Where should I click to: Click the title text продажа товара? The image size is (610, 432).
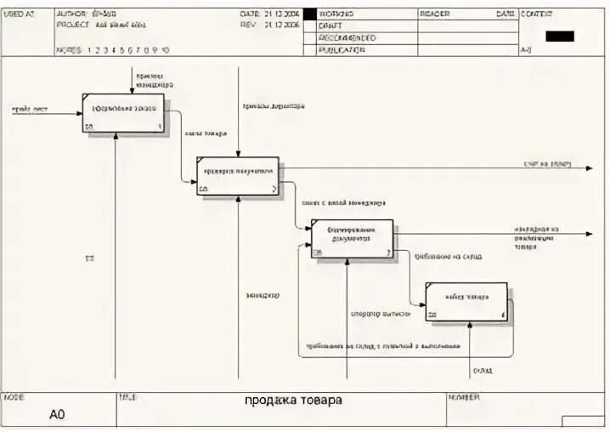pos(293,400)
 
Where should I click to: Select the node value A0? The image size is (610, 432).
pos(57,415)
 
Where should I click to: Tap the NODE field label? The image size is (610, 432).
pos(14,397)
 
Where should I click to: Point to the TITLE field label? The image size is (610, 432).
pos(127,397)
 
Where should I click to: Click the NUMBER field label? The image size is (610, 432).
pos(464,397)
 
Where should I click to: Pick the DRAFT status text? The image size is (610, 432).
pos(330,26)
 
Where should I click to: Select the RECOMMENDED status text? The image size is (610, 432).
pos(347,38)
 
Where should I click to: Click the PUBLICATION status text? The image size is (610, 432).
pos(342,50)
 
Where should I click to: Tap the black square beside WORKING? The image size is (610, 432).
pos(309,14)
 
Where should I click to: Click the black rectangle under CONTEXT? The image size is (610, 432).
pos(560,37)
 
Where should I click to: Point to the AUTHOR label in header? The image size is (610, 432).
pos(72,14)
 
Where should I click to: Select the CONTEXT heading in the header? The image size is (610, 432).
pos(536,14)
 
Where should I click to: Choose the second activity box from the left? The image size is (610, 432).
pos(238,175)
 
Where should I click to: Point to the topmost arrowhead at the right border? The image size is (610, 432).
pos(588,168)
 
